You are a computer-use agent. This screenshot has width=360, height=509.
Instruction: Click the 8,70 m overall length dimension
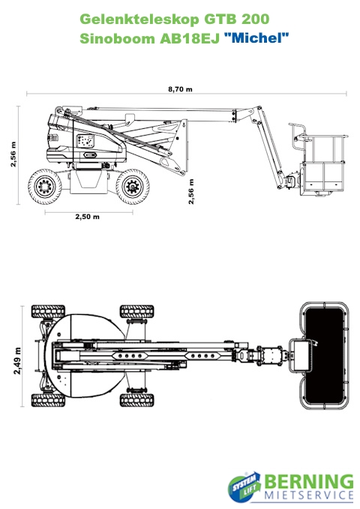(x=180, y=89)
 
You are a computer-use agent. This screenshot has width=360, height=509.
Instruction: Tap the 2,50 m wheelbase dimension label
(x=88, y=217)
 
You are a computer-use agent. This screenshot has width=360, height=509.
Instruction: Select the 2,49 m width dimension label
(x=17, y=361)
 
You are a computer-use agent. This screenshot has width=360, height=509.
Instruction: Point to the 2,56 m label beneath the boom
(x=191, y=191)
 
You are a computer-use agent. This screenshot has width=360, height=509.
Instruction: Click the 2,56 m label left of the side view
(x=13, y=154)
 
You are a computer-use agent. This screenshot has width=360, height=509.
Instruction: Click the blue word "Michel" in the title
(x=256, y=38)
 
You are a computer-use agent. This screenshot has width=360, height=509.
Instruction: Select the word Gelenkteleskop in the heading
(x=139, y=19)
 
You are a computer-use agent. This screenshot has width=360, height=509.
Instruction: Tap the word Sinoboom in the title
(x=117, y=39)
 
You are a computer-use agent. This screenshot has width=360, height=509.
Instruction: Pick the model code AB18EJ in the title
(x=190, y=39)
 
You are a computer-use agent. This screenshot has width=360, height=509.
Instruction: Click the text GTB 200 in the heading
(x=236, y=19)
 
